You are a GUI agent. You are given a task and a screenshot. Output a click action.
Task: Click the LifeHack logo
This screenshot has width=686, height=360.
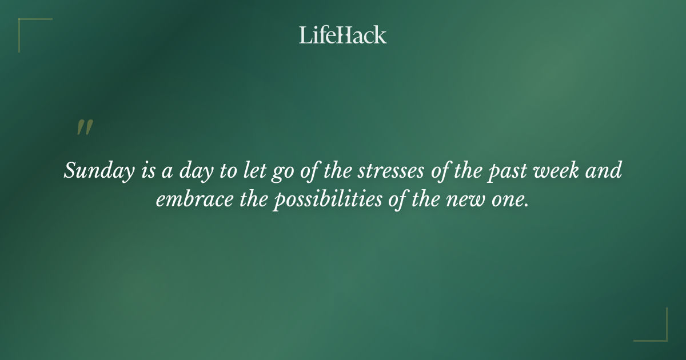(x=343, y=35)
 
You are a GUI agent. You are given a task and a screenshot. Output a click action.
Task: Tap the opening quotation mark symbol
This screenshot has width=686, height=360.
(x=85, y=127)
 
